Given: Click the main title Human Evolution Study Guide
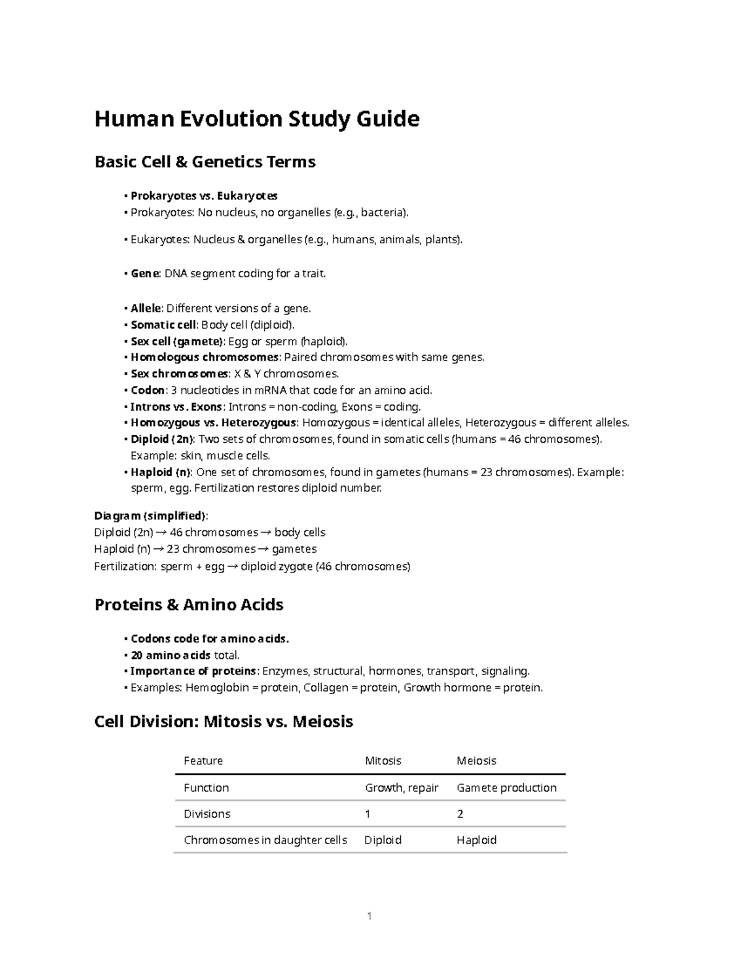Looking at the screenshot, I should [x=256, y=119].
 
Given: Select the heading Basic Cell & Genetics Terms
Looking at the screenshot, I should [x=204, y=162].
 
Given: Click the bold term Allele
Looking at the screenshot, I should [x=146, y=308].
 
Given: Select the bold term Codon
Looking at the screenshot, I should [x=148, y=390].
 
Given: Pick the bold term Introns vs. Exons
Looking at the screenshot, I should [x=176, y=407].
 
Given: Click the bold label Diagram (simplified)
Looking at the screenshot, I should [x=151, y=516].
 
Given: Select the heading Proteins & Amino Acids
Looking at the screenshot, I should [x=188, y=605].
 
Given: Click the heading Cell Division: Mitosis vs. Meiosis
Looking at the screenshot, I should [x=223, y=721].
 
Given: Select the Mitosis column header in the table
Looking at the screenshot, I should [x=383, y=761].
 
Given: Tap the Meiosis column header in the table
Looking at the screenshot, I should [x=476, y=761].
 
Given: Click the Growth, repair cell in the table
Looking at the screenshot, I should [x=401, y=788].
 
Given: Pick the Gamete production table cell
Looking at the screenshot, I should [x=506, y=788].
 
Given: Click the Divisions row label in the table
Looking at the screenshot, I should [x=207, y=814].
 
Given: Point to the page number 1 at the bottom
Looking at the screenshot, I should [x=369, y=916].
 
